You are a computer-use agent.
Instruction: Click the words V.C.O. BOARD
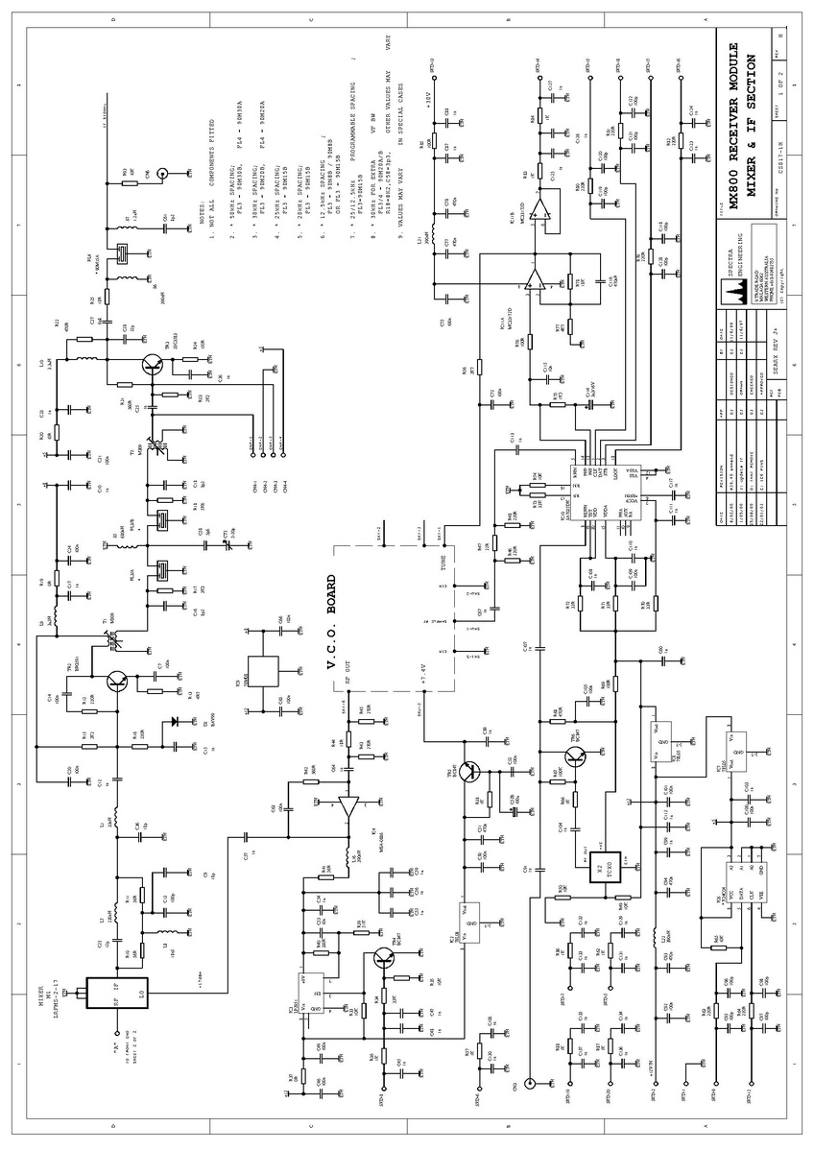click(331, 625)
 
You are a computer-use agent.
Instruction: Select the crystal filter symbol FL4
click(122, 253)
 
